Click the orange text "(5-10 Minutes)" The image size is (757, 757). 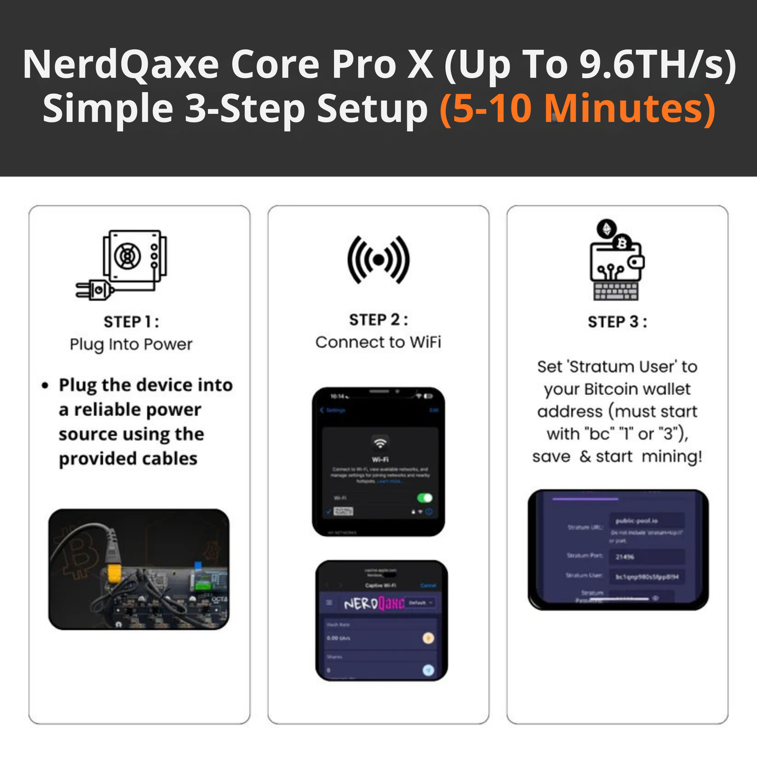tap(577, 109)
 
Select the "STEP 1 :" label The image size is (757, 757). tap(131, 322)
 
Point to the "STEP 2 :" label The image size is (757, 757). tap(378, 320)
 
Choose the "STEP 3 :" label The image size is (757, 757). tap(617, 322)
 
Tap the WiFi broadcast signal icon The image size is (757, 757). tap(378, 260)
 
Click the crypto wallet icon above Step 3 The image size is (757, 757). tap(617, 260)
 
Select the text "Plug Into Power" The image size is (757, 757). tap(131, 344)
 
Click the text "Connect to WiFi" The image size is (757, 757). tap(378, 342)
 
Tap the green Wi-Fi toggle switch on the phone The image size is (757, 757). tap(424, 498)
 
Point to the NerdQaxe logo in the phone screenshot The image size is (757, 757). tap(374, 604)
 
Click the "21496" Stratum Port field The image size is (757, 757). tap(646, 556)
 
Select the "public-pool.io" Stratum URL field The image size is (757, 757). tap(646, 521)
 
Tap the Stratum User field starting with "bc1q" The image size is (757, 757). tap(646, 577)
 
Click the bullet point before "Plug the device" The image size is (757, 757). tap(45, 386)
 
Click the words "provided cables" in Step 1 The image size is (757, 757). tap(128, 458)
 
